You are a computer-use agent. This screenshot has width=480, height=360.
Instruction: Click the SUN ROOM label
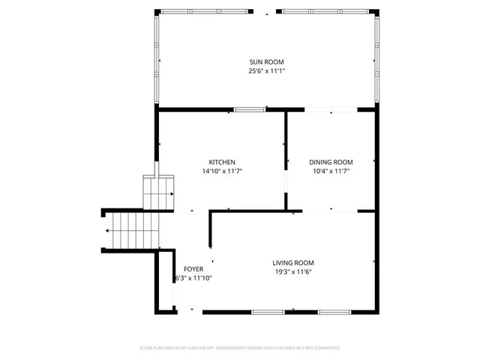pos(266,61)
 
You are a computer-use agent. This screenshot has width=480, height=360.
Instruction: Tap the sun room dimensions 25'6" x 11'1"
pos(266,71)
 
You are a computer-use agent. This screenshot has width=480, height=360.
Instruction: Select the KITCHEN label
pos(222,162)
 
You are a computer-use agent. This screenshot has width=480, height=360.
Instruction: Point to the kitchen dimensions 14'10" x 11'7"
pos(222,172)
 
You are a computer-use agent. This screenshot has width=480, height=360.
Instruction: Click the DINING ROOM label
pos(331,162)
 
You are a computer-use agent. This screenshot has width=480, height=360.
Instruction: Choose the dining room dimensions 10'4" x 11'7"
pos(331,172)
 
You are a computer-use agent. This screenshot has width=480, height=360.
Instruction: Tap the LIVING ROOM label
pos(292,262)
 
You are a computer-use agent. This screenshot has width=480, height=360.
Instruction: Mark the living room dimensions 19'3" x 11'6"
pos(292,272)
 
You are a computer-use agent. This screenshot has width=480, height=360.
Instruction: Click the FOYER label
pos(193,268)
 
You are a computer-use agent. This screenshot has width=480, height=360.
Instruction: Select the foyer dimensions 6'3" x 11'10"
pos(193,278)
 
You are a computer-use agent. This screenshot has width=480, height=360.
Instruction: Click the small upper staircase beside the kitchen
pos(159,193)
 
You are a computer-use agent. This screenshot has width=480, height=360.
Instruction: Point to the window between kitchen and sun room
pos(249,110)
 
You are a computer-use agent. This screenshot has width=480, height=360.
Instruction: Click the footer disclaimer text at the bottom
pos(240,348)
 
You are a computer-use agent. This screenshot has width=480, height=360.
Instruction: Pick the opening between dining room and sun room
pos(330,110)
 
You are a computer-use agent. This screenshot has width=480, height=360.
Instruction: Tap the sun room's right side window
pos(376,60)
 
